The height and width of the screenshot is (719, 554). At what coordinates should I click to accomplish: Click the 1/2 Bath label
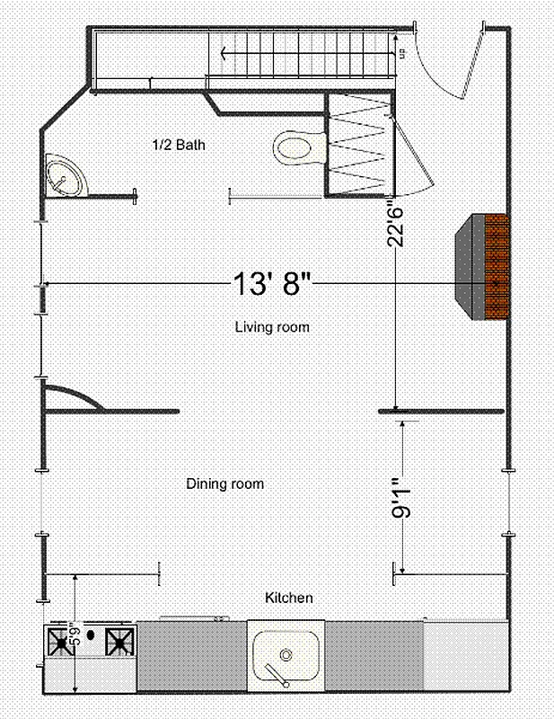(x=183, y=144)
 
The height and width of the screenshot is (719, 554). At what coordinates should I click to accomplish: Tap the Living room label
(x=271, y=327)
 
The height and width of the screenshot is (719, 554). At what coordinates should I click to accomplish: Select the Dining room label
(x=224, y=484)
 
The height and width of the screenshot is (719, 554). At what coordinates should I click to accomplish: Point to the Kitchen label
(x=288, y=598)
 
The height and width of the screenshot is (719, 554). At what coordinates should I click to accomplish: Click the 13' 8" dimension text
(x=271, y=284)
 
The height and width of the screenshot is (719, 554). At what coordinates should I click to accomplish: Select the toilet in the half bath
(x=298, y=146)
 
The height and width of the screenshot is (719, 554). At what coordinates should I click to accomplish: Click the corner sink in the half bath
(x=66, y=174)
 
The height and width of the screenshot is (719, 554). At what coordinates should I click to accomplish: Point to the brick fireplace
(x=496, y=266)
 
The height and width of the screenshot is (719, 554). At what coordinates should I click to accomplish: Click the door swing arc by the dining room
(x=76, y=395)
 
